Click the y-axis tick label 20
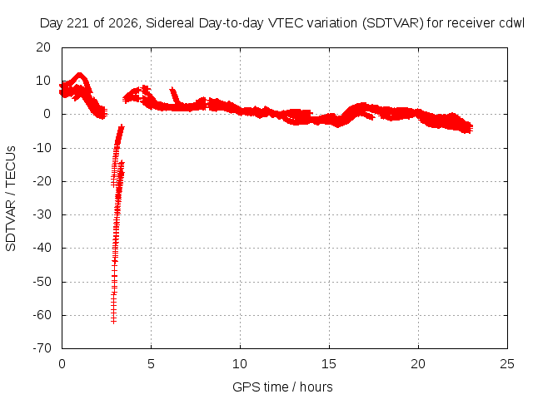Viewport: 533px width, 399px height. [x=43, y=47]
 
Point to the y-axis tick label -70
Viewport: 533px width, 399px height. [x=42, y=348]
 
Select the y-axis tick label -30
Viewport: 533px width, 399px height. [x=42, y=214]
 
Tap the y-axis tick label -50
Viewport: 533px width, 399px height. [x=42, y=282]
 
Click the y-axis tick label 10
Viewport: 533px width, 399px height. [x=43, y=81]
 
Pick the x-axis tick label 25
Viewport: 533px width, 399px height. [x=507, y=364]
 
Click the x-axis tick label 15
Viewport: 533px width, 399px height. [x=329, y=364]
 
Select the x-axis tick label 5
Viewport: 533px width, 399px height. [x=151, y=364]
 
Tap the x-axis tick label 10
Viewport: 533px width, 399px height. [x=240, y=364]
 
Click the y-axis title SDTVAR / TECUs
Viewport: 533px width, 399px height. [x=11, y=199]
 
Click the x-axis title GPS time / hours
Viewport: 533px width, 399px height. [x=282, y=387]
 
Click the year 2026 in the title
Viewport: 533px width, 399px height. [x=123, y=23]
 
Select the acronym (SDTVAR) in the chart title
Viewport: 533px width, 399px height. [x=393, y=23]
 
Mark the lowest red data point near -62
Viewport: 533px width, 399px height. [x=113, y=321]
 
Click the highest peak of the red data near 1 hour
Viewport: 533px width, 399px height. [x=80, y=74]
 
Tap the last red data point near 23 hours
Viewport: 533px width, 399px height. [x=471, y=128]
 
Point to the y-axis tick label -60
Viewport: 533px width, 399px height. [x=42, y=315]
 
